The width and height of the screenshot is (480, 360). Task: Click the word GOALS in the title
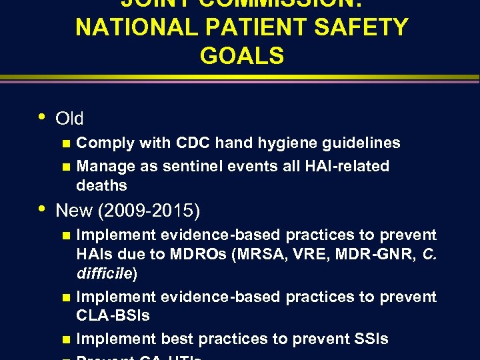point(241,55)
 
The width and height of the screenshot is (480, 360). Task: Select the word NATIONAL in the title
point(126,27)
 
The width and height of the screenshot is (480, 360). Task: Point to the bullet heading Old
point(69,119)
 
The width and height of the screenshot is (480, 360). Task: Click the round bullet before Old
point(43,116)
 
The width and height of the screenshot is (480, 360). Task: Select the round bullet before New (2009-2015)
point(43,209)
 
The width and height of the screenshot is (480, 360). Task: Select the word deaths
point(101,185)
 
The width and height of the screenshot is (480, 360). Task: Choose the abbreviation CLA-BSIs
point(113,315)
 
